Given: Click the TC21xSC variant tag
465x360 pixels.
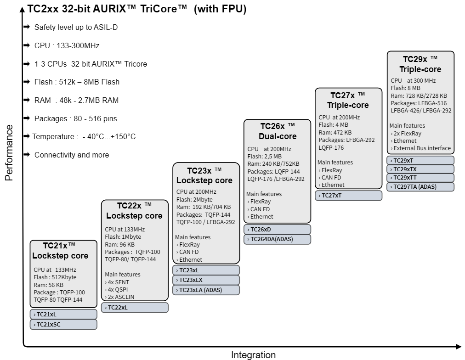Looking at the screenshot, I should pos(63,324).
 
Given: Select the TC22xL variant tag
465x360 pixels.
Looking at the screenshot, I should pos(135,308).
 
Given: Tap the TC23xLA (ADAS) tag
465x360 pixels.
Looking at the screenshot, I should pos(206,290).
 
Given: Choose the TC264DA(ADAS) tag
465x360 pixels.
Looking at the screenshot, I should pos(277,239).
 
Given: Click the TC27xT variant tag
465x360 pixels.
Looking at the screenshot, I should pos(348,195).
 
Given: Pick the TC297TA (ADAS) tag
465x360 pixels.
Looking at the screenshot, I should pos(420,187).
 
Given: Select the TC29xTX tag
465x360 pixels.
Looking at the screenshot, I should pos(420,169).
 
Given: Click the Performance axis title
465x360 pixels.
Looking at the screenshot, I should pos(9,152).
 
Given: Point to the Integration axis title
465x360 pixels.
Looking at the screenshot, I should pos(253,355).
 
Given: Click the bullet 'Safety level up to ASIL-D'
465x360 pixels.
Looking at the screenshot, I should pos(76,28).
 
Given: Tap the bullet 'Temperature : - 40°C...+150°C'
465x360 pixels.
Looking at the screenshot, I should pos(84,137).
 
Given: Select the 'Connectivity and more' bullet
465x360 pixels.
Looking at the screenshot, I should pos(72,155).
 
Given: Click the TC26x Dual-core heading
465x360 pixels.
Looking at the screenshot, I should pos(278,131).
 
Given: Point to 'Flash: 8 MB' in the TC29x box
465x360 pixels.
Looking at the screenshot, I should pos(405,88).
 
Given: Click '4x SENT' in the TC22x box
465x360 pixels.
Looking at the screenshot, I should pos(117,282).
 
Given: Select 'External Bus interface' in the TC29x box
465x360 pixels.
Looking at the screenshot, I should pos(422,148).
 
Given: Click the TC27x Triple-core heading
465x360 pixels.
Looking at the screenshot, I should pos(348,100).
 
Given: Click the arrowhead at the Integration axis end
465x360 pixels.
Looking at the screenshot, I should pos(459,346).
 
